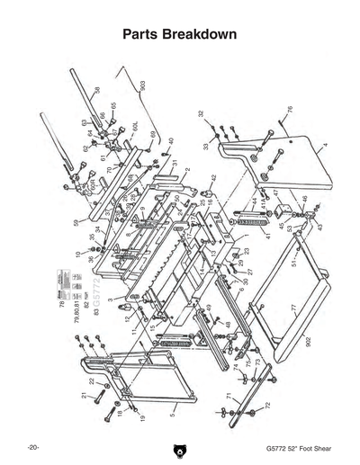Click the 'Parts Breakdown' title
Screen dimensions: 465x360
click(179, 34)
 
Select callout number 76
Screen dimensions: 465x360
click(290, 111)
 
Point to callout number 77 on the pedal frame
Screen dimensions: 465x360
click(292, 309)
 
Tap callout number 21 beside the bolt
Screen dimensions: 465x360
click(81, 397)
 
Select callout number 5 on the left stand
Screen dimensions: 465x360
click(172, 417)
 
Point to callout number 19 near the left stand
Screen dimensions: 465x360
click(142, 418)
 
